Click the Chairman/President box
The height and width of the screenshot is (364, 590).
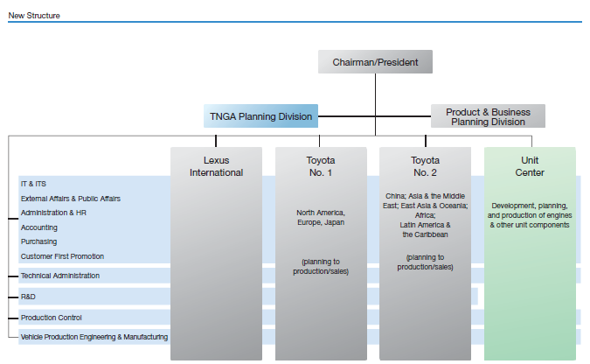tap(375, 62)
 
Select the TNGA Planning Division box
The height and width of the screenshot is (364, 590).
tap(260, 116)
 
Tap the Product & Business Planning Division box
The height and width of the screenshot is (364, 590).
tap(488, 116)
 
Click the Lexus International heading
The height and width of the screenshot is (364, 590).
tap(217, 166)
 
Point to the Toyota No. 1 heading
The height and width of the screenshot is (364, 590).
tap(321, 166)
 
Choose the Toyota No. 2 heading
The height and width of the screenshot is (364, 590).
tap(425, 166)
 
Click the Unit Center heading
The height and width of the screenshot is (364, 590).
tap(530, 166)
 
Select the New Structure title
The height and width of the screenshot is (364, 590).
tap(34, 16)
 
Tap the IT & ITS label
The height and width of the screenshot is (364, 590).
tap(33, 184)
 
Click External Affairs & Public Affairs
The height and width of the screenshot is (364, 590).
tap(71, 199)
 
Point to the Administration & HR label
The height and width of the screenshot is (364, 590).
tap(53, 213)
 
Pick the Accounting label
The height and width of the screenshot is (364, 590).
tap(39, 227)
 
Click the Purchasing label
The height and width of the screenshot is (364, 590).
tap(38, 241)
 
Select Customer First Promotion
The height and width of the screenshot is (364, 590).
tap(62, 256)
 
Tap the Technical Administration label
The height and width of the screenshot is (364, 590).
tap(60, 276)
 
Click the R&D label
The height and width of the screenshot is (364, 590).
tap(28, 297)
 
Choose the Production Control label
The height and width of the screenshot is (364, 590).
tap(52, 318)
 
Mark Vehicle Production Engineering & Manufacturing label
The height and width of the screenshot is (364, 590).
tap(94, 337)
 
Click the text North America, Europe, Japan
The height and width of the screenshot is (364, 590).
tap(321, 217)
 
